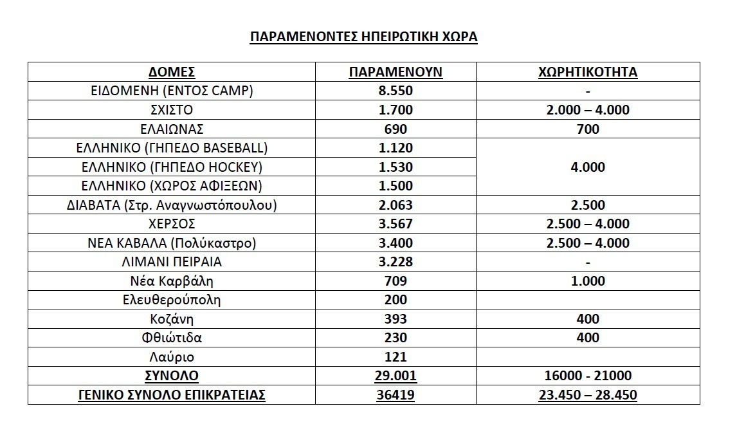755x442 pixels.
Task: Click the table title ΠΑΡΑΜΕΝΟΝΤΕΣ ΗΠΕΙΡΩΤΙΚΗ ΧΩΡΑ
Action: coord(364,36)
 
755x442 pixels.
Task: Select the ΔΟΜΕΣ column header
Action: coord(172,71)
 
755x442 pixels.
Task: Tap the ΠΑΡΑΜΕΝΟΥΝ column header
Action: coord(396,71)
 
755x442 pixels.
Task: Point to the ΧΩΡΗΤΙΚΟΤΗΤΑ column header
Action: coord(587,71)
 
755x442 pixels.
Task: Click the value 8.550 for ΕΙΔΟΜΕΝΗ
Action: coord(396,91)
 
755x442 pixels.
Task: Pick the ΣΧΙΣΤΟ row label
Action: coord(172,110)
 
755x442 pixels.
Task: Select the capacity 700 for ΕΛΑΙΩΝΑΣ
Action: coord(587,129)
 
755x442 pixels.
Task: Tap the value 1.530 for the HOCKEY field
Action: coord(396,167)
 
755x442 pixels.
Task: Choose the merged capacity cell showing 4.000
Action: coord(587,167)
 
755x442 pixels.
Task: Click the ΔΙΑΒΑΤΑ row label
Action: coord(172,205)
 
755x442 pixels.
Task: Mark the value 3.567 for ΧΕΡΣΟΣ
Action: coord(396,224)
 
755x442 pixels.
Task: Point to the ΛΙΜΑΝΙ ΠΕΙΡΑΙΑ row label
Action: coord(172,262)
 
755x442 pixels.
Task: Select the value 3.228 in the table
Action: coord(396,262)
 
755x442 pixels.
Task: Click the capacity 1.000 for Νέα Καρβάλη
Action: coord(587,281)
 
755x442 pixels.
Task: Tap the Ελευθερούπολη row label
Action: coord(172,300)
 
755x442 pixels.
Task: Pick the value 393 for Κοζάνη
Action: coord(396,319)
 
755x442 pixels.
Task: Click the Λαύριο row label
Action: coord(172,357)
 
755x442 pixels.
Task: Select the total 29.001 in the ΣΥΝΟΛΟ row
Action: coord(396,376)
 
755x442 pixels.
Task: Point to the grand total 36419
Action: coord(396,395)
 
